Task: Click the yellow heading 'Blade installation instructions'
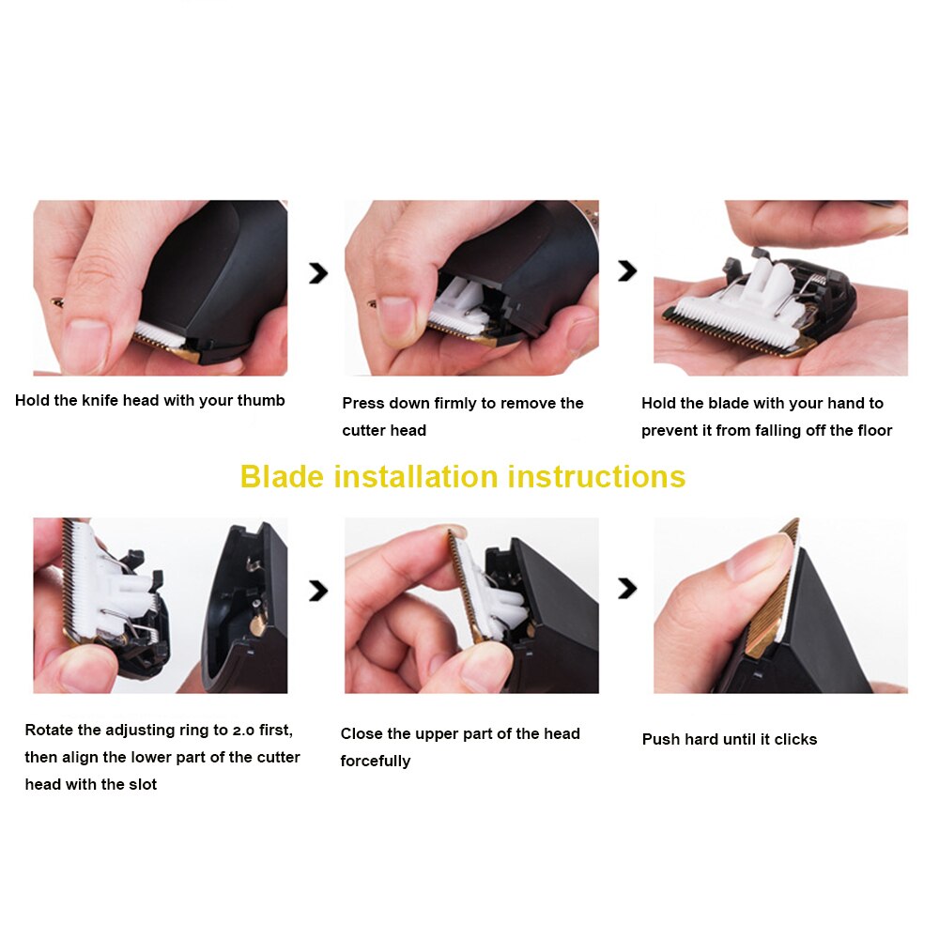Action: coord(463,476)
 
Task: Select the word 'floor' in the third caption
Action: coord(869,430)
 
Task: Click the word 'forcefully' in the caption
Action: coord(376,761)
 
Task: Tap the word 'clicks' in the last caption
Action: coord(795,739)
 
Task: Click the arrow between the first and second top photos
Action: coord(318,272)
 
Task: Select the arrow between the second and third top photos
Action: coord(626,272)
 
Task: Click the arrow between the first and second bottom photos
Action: coord(318,590)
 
